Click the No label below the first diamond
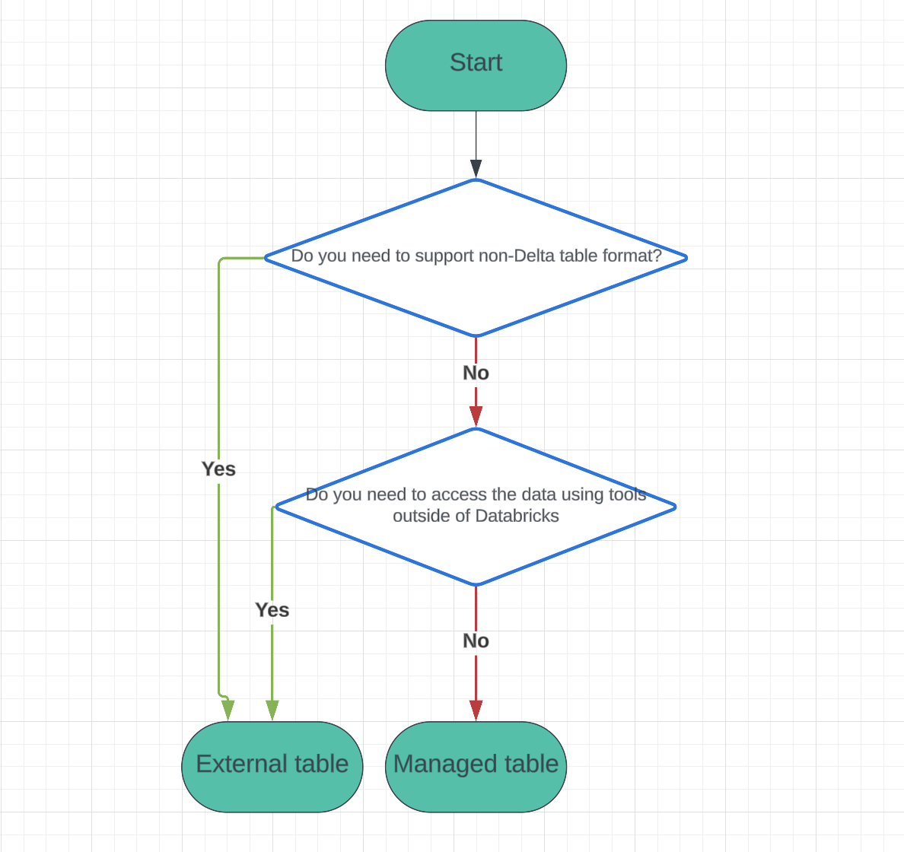[476, 373]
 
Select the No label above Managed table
[476, 641]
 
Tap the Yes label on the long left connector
[218, 469]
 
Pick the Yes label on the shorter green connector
[272, 610]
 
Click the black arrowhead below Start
[476, 169]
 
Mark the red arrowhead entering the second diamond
[476, 416]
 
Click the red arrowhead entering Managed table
[476, 710]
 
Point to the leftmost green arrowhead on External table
[228, 710]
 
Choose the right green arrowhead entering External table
[272, 710]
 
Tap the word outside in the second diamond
[417, 516]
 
